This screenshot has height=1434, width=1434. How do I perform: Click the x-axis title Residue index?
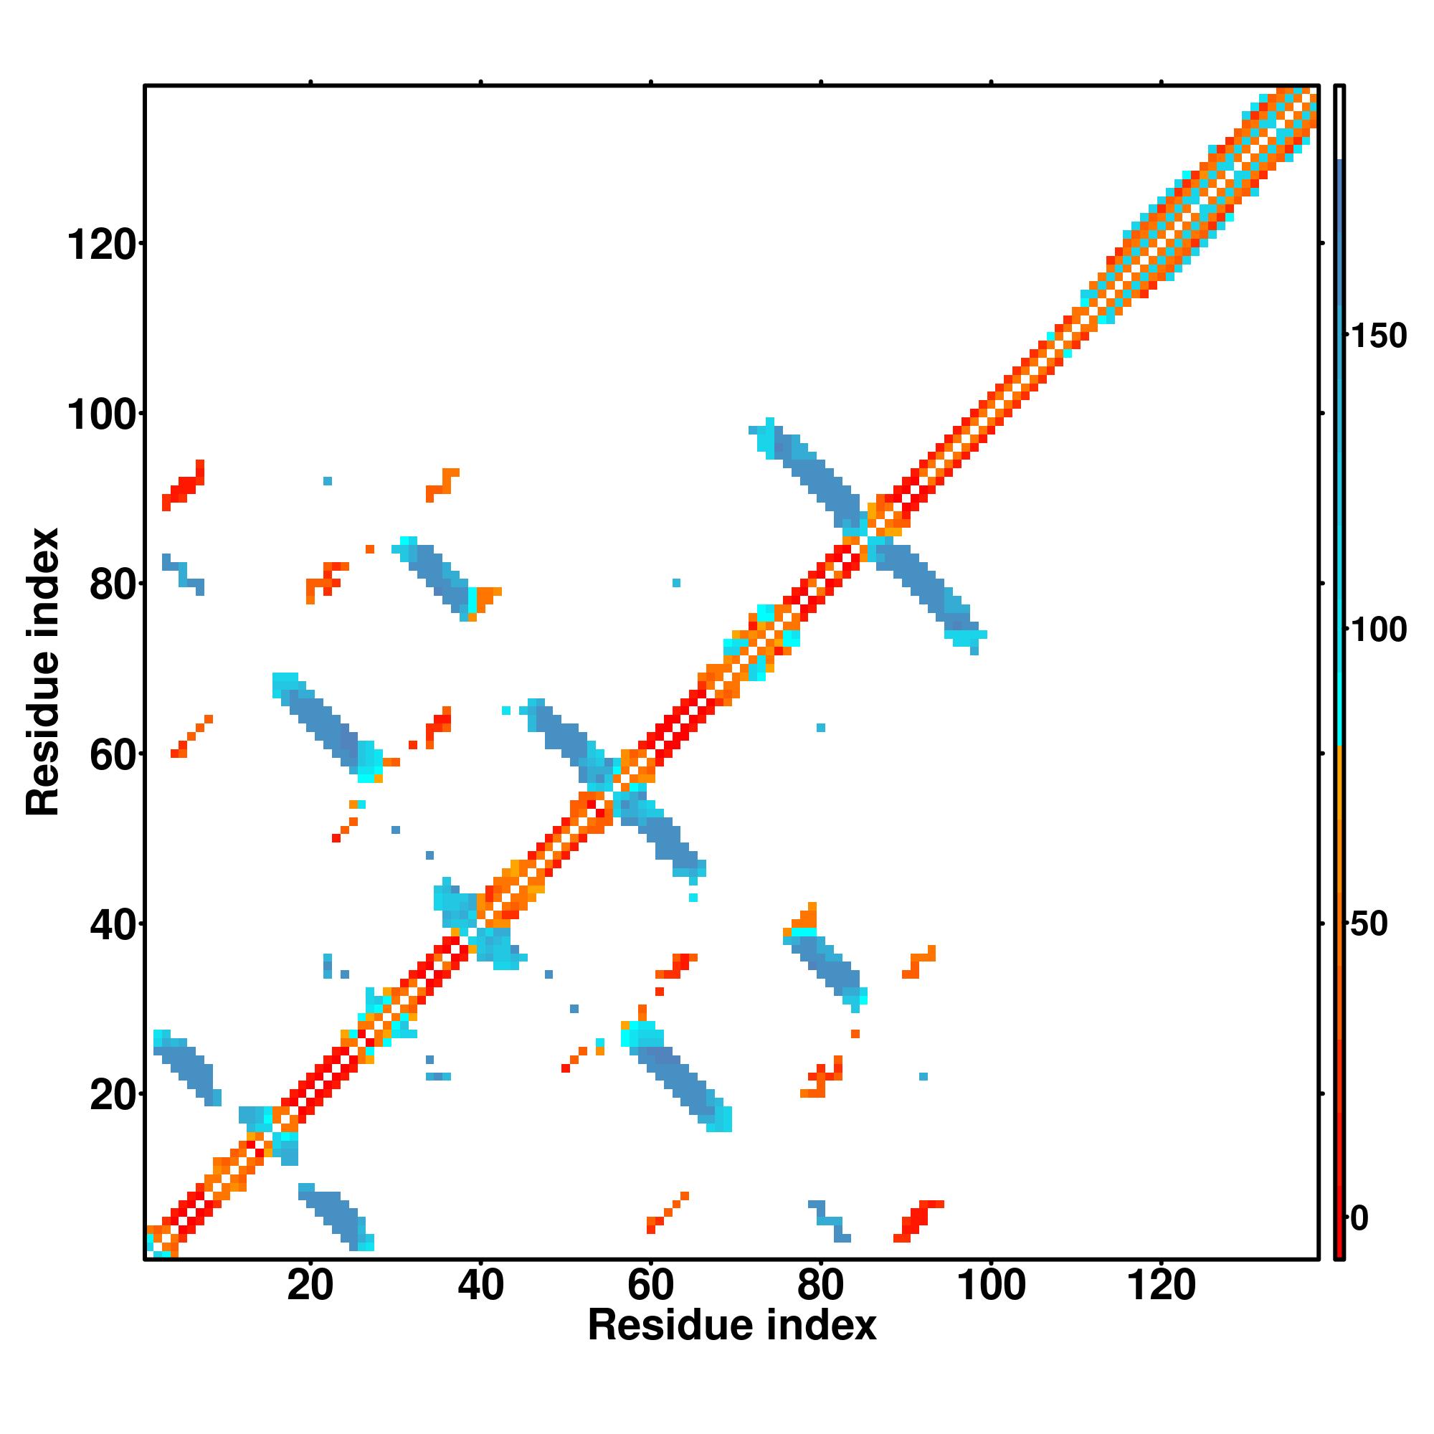pyautogui.click(x=732, y=1326)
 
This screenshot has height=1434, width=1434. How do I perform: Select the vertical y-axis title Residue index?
pyautogui.click(x=43, y=672)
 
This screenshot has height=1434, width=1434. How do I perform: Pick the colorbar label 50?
pyautogui.click(x=1369, y=924)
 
